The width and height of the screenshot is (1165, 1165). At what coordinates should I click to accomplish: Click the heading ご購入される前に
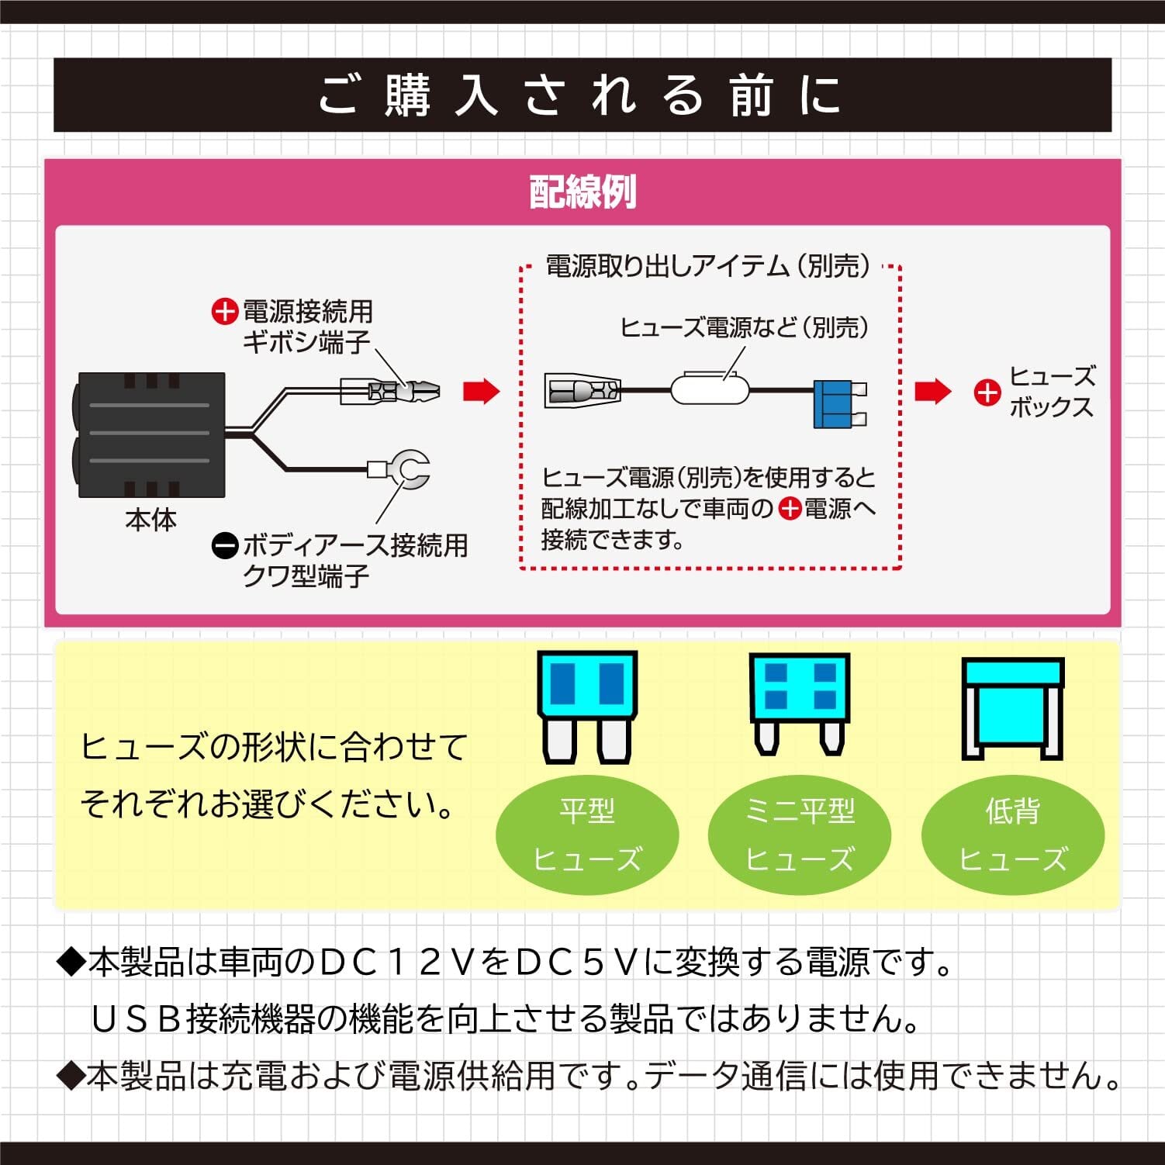[580, 95]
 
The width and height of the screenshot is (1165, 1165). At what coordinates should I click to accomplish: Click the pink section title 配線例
[582, 192]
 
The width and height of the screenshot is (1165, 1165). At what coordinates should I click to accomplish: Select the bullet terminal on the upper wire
[390, 390]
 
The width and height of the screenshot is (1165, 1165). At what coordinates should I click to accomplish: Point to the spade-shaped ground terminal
[399, 468]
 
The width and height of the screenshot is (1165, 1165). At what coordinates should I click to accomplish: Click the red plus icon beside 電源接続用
[223, 312]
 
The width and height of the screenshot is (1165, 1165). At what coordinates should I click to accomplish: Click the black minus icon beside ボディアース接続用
[224, 546]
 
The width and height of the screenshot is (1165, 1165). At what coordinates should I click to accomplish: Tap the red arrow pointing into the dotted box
[482, 392]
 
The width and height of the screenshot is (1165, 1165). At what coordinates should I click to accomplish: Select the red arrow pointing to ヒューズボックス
[932, 392]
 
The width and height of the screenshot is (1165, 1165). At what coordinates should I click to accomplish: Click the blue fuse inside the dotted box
[839, 403]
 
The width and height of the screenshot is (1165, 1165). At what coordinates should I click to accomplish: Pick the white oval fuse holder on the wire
[710, 389]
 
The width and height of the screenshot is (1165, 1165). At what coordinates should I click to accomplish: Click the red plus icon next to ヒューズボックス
[987, 393]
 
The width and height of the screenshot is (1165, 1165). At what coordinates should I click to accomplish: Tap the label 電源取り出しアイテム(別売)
[708, 266]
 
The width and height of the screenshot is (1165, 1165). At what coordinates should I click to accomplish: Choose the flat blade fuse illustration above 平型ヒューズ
[587, 707]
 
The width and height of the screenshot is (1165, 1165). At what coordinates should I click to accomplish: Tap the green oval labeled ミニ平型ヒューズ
[799, 835]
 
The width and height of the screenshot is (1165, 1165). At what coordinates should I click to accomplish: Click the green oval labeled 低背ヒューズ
[1012, 835]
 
